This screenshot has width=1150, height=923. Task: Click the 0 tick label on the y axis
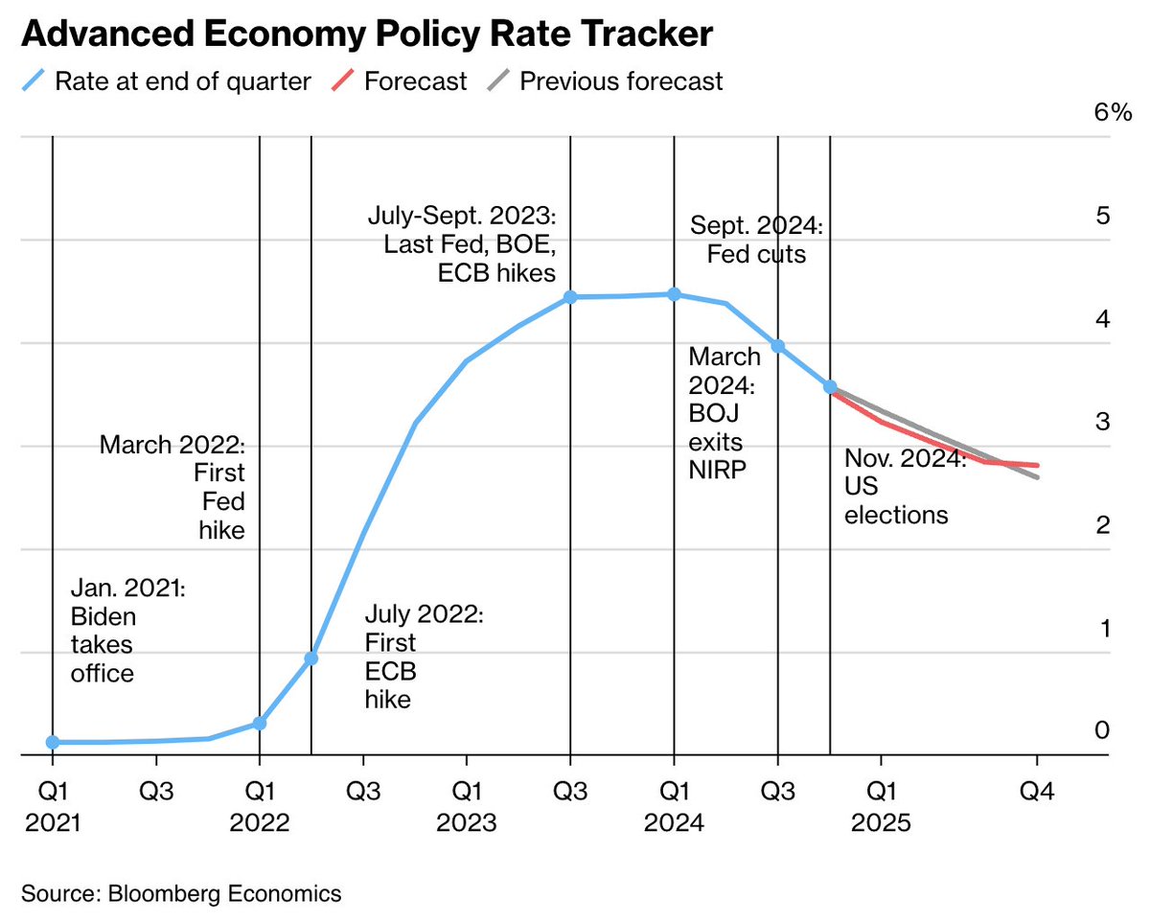[1102, 730]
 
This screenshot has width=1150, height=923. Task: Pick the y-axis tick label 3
[1102, 422]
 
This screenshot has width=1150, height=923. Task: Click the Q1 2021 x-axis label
[53, 807]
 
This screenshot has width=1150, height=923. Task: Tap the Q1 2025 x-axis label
[882, 807]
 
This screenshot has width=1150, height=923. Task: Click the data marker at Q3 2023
[570, 297]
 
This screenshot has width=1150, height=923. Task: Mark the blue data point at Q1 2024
[674, 294]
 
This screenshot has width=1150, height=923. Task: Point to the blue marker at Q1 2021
[53, 742]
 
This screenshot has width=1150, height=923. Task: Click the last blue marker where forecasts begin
[830, 387]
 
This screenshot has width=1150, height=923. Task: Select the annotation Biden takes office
[127, 630]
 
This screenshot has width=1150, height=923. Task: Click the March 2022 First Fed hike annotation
[173, 487]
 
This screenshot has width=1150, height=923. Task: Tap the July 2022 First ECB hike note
[423, 657]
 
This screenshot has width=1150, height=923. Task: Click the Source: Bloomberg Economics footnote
[181, 894]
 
